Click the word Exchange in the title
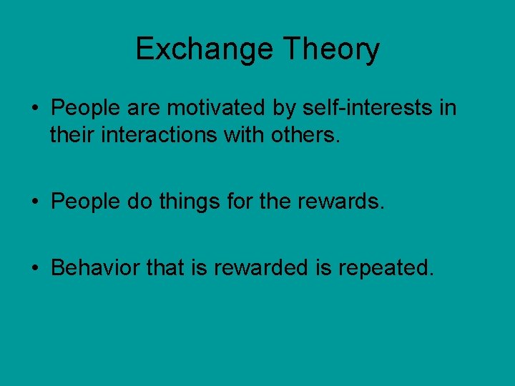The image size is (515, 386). (x=205, y=49)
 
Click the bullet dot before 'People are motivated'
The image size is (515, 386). (x=34, y=109)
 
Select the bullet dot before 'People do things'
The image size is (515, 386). (x=34, y=202)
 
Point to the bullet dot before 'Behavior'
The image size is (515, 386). (x=34, y=268)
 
